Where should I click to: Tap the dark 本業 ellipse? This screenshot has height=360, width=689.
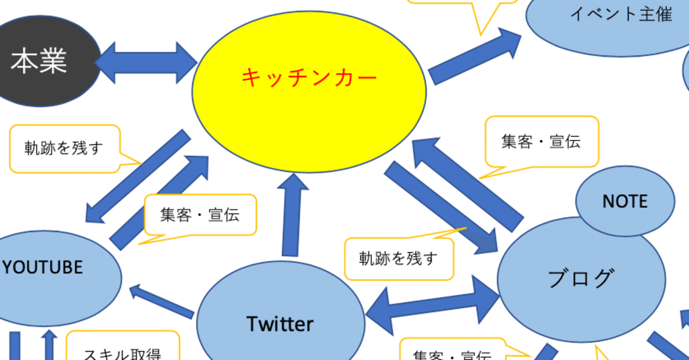[39, 61]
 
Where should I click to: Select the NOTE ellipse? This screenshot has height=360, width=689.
[624, 201]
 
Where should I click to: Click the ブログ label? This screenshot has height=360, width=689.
[580, 278]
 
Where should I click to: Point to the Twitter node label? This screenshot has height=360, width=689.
[280, 324]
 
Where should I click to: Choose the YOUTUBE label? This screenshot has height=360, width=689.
[43, 267]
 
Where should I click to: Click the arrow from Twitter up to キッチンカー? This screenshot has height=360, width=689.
[292, 215]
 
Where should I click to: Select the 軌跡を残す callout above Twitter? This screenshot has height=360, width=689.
[398, 259]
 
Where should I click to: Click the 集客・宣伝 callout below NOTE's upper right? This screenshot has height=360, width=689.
[541, 142]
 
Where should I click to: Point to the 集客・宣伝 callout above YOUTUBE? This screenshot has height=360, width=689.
[200, 215]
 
